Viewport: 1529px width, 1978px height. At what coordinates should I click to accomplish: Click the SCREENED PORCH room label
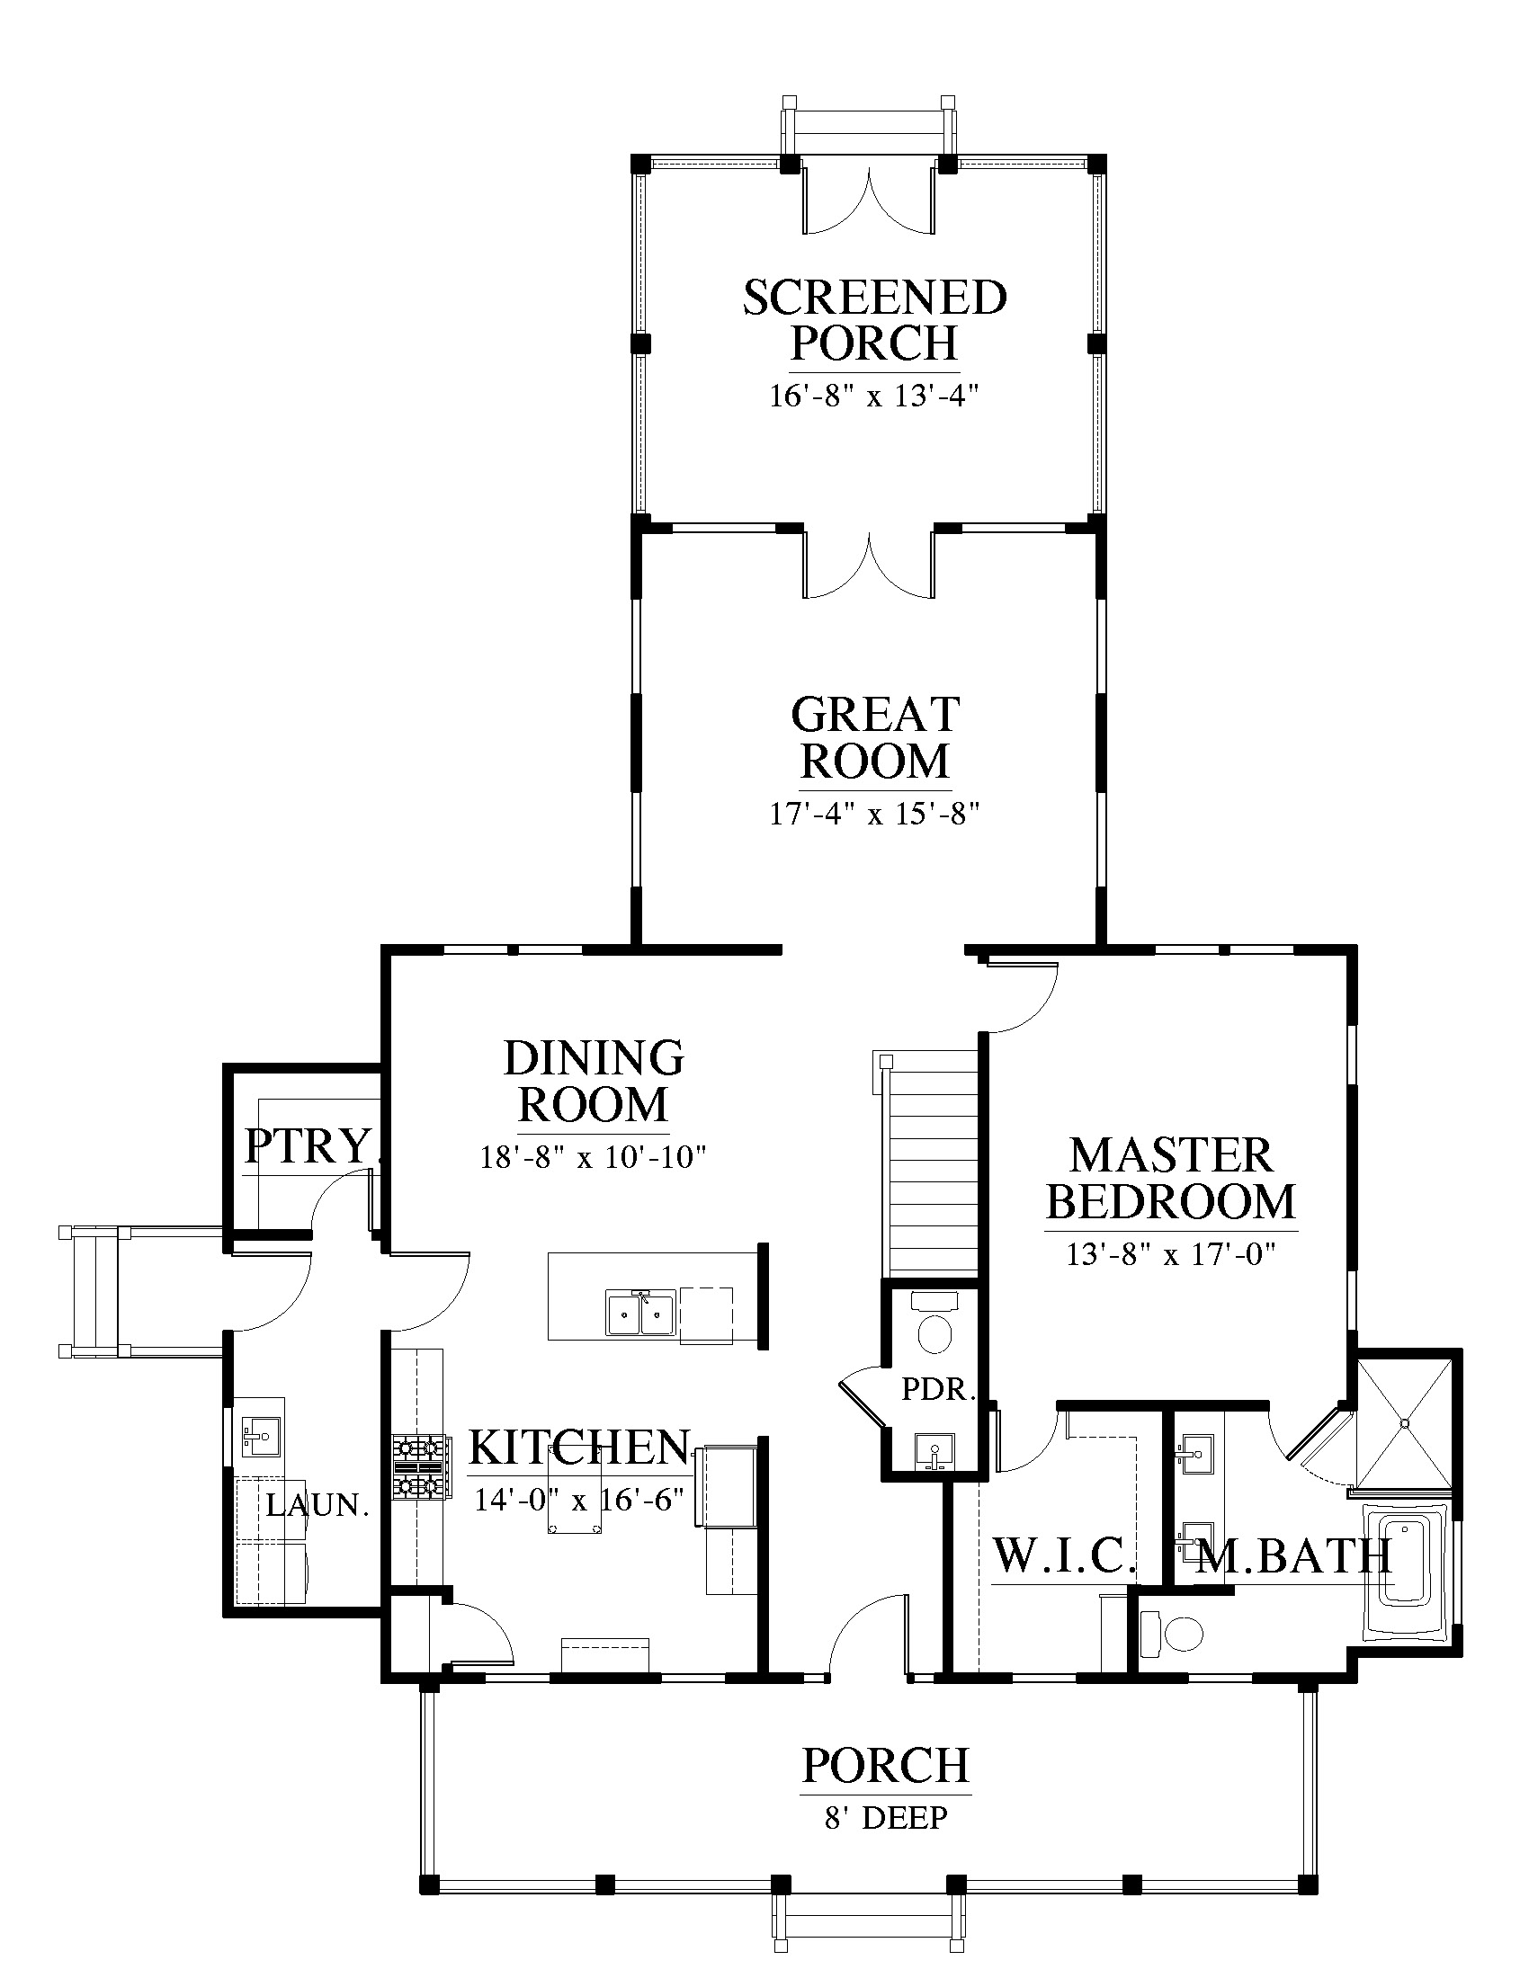click(874, 321)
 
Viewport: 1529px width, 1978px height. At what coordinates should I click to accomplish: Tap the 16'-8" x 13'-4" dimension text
click(875, 396)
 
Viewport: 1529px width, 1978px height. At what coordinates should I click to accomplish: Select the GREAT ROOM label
click(875, 738)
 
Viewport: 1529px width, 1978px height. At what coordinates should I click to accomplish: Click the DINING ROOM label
click(594, 1082)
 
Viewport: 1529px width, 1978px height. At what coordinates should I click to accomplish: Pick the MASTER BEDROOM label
click(1171, 1180)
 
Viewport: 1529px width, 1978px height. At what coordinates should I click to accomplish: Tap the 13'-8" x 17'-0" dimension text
click(1171, 1255)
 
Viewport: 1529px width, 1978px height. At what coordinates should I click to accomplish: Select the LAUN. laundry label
click(317, 1505)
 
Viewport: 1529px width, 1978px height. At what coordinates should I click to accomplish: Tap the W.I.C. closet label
click(1065, 1556)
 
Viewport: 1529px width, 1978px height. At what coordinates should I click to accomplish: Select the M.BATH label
click(1294, 1556)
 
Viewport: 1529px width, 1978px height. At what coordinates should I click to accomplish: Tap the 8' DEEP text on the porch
click(886, 1817)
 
